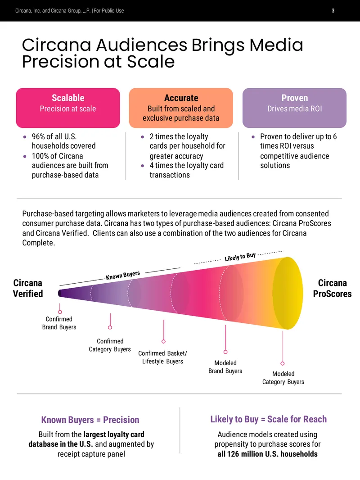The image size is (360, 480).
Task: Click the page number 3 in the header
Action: click(x=333, y=11)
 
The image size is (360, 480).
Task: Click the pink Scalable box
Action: click(x=68, y=108)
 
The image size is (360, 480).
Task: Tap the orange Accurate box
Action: click(x=181, y=108)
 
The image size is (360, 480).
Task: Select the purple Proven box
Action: click(x=294, y=108)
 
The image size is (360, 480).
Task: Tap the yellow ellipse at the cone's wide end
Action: click(x=288, y=293)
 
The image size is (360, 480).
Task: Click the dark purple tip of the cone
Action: click(x=60, y=293)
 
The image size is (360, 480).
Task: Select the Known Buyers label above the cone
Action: click(x=123, y=275)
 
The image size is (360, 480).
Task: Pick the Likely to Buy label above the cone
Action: click(x=240, y=257)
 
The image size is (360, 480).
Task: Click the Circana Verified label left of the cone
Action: click(x=27, y=288)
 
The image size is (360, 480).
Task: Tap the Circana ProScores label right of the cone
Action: click(x=332, y=288)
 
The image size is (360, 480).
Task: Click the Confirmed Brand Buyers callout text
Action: click(x=59, y=323)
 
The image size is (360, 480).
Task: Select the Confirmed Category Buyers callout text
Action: click(x=110, y=345)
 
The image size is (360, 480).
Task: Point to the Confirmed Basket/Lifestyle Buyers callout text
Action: click(x=162, y=357)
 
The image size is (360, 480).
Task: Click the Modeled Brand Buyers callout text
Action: click(x=225, y=367)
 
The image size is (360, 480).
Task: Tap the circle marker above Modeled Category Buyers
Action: click(x=283, y=363)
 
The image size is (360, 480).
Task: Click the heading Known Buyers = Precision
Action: click(x=90, y=420)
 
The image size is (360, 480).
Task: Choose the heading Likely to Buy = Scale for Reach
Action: click(x=268, y=419)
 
